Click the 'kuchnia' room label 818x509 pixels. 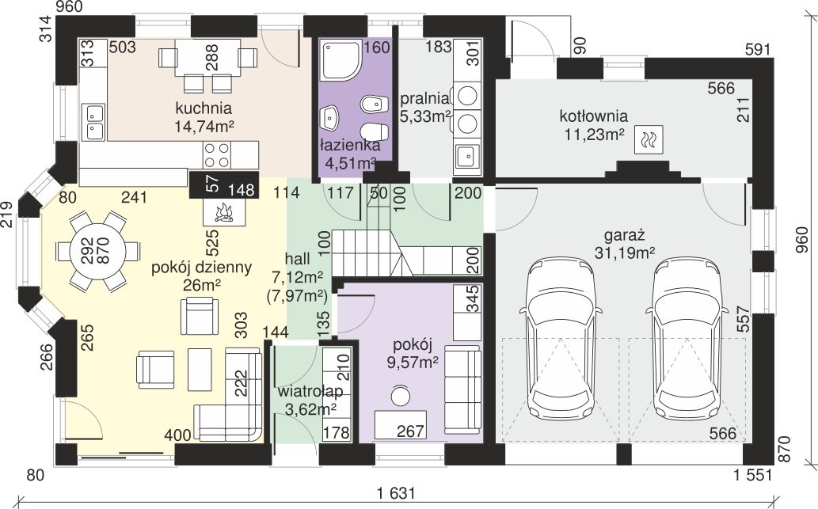[204, 108]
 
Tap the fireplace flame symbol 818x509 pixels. [224, 213]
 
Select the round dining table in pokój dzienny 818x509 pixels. [98, 252]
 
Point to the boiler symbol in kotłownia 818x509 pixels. [649, 139]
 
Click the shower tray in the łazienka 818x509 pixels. [342, 60]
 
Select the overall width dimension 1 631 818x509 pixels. [397, 493]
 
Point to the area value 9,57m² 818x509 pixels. [412, 362]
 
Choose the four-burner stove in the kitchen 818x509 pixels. [217, 154]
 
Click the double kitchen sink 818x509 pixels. [94, 122]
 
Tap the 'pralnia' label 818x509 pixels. [424, 98]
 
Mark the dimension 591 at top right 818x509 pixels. [758, 50]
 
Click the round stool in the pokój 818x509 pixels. [401, 396]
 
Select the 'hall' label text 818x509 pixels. [298, 258]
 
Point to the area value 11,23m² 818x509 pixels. [594, 135]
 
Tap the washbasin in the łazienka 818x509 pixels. [329, 118]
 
